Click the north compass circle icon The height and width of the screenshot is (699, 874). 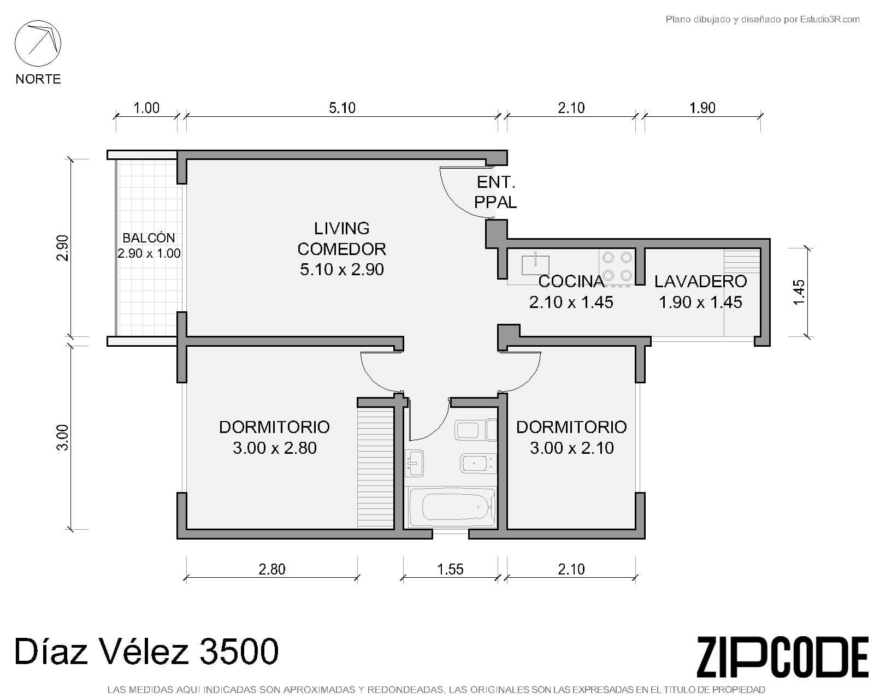click(x=38, y=43)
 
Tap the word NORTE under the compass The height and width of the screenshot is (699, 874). click(x=38, y=79)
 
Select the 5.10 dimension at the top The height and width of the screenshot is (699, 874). click(x=342, y=108)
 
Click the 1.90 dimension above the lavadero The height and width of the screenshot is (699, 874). click(x=702, y=108)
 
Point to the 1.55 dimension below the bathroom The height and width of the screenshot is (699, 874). click(x=450, y=569)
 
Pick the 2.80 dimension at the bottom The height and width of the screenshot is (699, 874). click(x=271, y=569)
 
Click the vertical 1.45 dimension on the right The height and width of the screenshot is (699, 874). click(x=799, y=292)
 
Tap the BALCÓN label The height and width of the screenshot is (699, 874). click(x=149, y=238)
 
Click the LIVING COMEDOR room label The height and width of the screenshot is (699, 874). click(x=341, y=239)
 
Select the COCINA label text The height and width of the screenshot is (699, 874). click(x=571, y=281)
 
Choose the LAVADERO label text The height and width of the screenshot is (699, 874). click(x=700, y=281)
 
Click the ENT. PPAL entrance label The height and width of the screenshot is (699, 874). click(x=495, y=192)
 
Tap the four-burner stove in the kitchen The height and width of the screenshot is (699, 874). click(x=617, y=266)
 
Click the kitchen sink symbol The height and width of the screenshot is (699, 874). click(x=535, y=264)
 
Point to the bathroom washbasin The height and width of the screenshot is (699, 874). click(x=415, y=463)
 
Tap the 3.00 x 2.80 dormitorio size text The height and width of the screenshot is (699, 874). click(x=274, y=448)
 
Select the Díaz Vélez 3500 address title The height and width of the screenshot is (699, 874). click(x=146, y=651)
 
